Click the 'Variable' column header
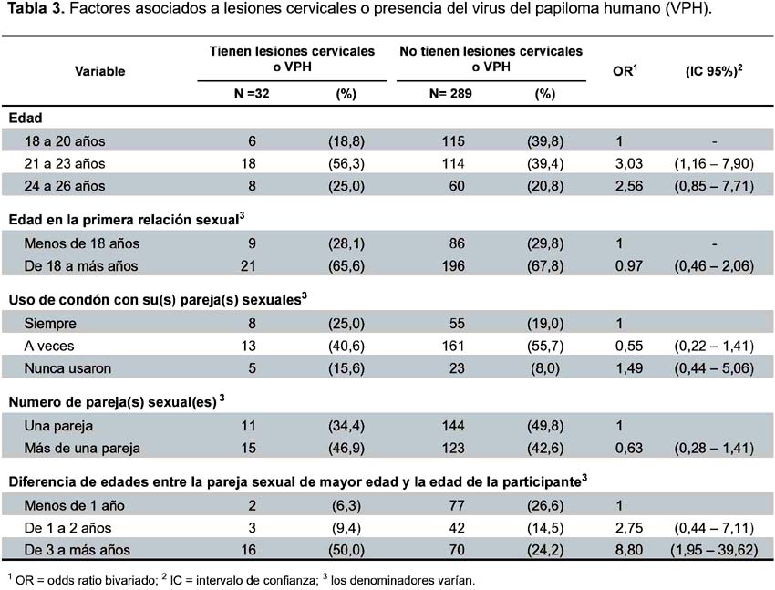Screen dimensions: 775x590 [x=100, y=71]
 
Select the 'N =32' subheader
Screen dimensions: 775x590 [x=252, y=94]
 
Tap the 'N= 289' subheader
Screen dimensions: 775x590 [x=450, y=94]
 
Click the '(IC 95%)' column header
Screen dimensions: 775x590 [x=714, y=71]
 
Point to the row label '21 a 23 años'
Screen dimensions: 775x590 [x=65, y=163]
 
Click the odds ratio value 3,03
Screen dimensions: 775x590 [x=629, y=163]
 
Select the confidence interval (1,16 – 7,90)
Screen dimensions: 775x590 [x=714, y=163]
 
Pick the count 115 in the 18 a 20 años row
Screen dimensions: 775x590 [x=453, y=141]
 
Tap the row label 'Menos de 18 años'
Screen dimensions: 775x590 [x=81, y=243]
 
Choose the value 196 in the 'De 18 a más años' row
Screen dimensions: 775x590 [x=453, y=266]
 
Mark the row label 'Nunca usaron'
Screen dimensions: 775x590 [x=67, y=368]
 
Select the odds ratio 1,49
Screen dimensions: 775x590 [x=629, y=368]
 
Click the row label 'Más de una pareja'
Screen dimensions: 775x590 [x=82, y=448]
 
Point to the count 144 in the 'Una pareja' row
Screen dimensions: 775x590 [x=453, y=426]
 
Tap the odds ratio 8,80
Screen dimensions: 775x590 [x=629, y=550]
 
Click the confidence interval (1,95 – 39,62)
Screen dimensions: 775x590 [x=714, y=550]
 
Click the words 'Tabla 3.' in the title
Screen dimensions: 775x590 [x=36, y=9]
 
